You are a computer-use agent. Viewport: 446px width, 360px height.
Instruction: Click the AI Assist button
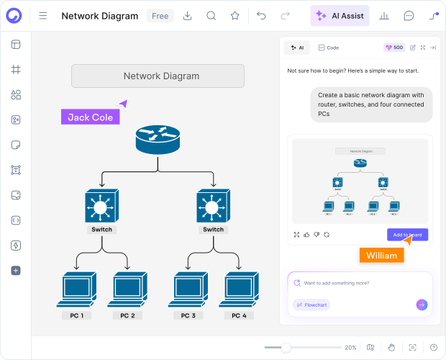point(340,16)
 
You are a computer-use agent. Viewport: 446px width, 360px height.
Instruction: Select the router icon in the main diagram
point(157,139)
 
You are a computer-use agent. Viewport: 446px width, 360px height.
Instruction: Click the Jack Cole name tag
point(90,117)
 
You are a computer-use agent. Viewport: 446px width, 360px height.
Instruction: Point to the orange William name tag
point(381,256)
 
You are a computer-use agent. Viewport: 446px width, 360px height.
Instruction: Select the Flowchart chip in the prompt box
point(311,305)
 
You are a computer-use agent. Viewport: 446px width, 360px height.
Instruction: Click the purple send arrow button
point(422,305)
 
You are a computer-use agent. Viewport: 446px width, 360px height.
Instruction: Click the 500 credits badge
point(394,48)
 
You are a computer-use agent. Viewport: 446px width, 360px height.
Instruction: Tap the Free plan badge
point(160,16)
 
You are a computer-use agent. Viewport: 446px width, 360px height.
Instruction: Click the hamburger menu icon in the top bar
point(43,16)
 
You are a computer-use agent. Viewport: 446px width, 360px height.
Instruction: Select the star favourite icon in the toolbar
point(235,16)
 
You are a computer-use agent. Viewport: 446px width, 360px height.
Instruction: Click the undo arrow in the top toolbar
point(261,16)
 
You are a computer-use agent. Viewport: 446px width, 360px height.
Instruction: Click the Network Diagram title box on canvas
point(158,76)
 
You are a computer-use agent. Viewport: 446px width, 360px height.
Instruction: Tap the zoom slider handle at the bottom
point(286,347)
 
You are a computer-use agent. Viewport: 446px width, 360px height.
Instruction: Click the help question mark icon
point(434,347)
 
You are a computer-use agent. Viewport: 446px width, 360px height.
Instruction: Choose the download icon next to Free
point(187,16)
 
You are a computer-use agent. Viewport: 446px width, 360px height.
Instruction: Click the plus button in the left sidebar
point(16,271)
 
